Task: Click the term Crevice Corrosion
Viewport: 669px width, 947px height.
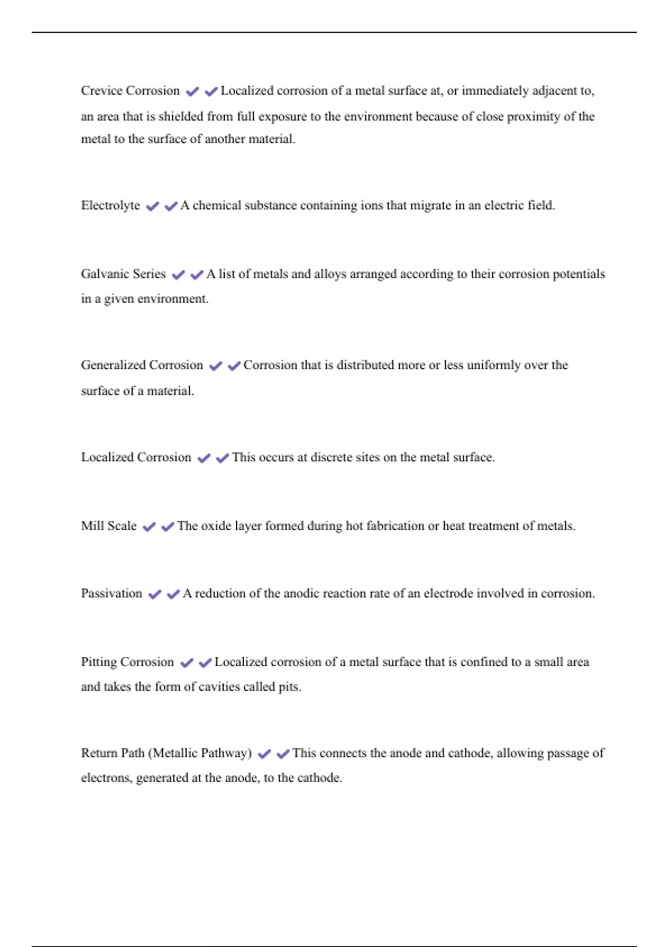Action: point(130,91)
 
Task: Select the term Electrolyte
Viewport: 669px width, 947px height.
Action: point(110,206)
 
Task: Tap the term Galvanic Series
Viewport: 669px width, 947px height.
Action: point(123,274)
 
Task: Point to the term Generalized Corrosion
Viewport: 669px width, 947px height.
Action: point(142,365)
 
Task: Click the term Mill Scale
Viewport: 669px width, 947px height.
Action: point(109,526)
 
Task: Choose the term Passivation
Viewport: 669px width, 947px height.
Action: point(111,594)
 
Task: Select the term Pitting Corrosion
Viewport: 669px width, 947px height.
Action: point(127,662)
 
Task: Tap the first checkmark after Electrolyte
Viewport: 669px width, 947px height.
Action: point(152,207)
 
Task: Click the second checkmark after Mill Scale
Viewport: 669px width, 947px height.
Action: point(168,527)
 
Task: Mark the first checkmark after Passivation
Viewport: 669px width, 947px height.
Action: point(154,594)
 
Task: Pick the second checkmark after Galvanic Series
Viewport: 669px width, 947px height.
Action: point(197,275)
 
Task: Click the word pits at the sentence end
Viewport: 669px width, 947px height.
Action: point(288,687)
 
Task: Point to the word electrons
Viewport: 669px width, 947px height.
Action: point(106,778)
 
